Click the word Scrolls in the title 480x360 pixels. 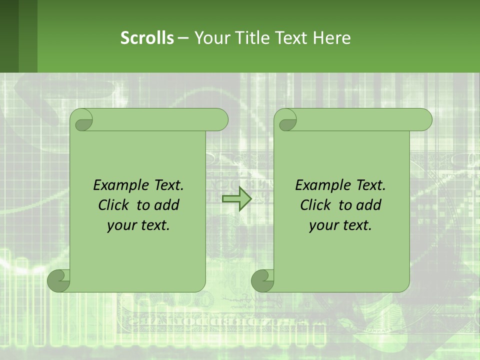click(147, 37)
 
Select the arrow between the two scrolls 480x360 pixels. click(237, 199)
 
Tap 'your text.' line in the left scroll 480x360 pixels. click(138, 225)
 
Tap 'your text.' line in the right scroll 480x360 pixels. click(340, 225)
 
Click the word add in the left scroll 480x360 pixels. click(166, 205)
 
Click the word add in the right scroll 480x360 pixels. click(368, 205)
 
